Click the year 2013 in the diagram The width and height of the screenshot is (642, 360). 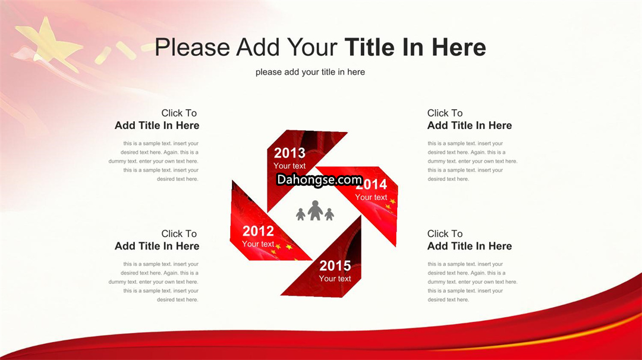click(x=289, y=153)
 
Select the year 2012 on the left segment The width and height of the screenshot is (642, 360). click(x=258, y=231)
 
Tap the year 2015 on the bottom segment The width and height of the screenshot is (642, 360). click(x=335, y=266)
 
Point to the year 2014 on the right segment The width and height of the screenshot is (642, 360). click(x=372, y=185)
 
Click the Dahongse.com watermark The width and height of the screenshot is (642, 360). click(x=319, y=179)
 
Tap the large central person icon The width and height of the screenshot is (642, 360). click(x=315, y=210)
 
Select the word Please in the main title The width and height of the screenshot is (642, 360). click(x=193, y=47)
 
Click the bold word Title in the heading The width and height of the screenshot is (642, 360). click(x=371, y=47)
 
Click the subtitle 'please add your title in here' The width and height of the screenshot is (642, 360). click(x=310, y=72)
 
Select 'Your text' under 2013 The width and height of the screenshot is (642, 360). click(x=289, y=166)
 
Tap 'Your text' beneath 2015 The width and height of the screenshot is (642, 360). click(x=335, y=279)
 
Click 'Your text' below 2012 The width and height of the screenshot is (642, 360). click(x=258, y=244)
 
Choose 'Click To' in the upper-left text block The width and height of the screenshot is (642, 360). click(x=179, y=113)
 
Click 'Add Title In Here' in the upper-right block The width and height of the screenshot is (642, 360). click(x=470, y=125)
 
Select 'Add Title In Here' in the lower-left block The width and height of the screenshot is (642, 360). click(x=157, y=247)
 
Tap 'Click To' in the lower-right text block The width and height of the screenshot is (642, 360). click(x=445, y=233)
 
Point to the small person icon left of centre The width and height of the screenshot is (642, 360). click(x=301, y=214)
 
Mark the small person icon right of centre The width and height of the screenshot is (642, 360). click(x=329, y=214)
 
